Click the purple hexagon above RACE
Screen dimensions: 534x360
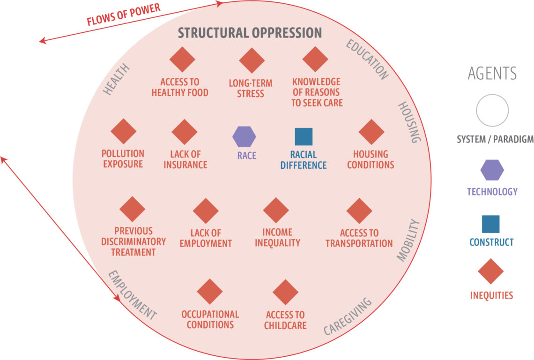tap(244, 137)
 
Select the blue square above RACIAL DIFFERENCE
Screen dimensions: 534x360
tap(304, 137)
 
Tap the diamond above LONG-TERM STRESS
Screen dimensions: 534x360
tap(252, 60)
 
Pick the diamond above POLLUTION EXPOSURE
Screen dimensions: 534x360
tap(123, 131)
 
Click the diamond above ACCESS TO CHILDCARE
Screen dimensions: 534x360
tap(285, 292)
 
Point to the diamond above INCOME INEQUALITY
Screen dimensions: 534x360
tap(276, 210)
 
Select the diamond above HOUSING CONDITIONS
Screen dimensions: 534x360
tap(371, 132)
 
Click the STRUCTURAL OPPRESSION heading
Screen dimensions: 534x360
tap(250, 33)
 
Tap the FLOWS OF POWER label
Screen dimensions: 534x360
tap(123, 15)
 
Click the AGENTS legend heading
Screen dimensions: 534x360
tap(492, 73)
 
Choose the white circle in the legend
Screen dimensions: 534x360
tap(492, 111)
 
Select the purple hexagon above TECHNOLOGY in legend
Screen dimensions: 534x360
tap(492, 170)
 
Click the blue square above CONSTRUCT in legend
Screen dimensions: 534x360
tap(491, 224)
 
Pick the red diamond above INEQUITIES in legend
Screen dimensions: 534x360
tap(491, 271)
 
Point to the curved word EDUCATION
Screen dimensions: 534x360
tap(367, 60)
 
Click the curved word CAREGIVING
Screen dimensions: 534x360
tap(348, 316)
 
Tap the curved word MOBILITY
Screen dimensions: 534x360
tap(408, 240)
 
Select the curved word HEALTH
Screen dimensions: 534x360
tap(117, 79)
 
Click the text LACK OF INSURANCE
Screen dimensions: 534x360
tap(185, 159)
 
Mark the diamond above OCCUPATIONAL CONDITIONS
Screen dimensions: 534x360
tap(210, 292)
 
